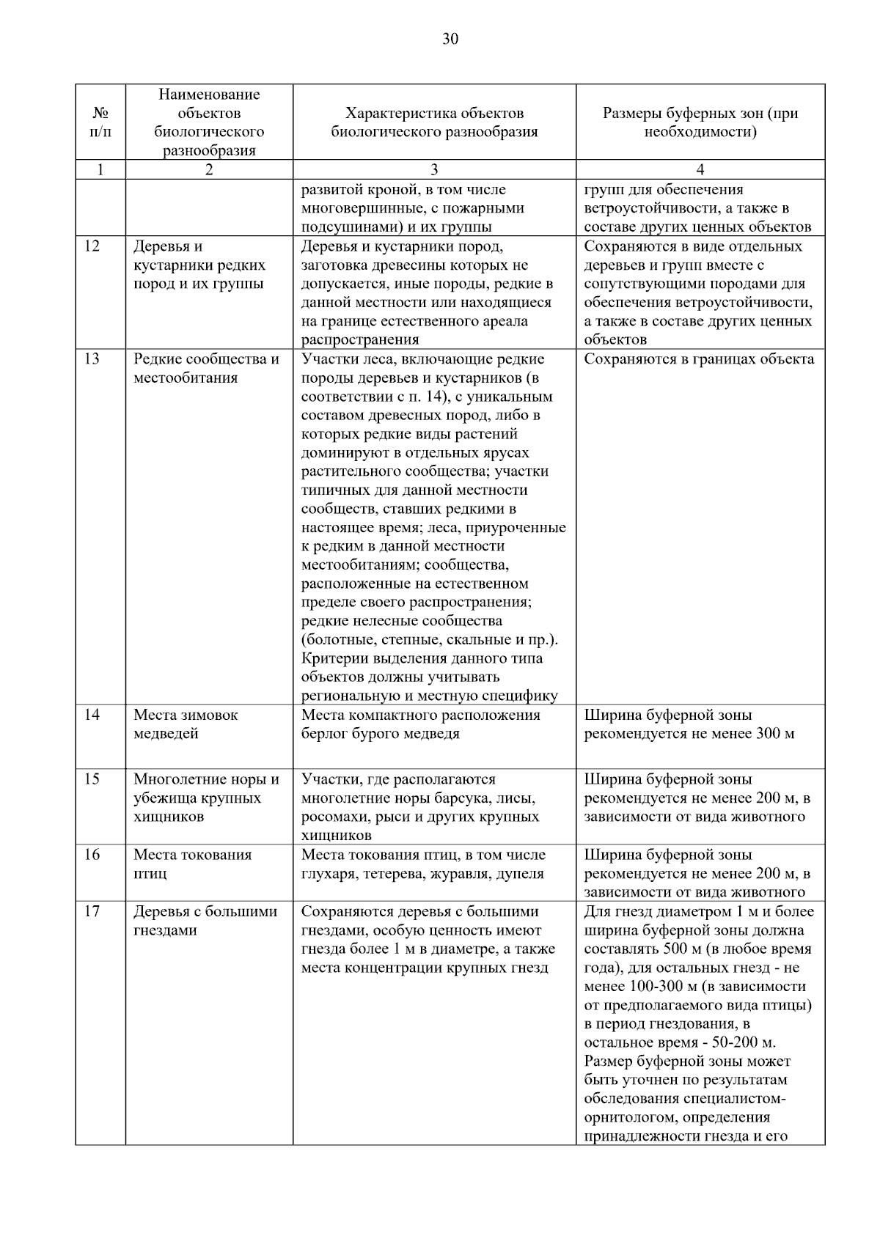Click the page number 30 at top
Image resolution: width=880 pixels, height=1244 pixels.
pos(450,40)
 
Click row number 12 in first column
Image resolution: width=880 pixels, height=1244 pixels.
pos(92,246)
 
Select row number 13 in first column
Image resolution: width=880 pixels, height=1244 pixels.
pos(92,359)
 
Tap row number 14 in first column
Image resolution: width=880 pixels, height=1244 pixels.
pos(92,715)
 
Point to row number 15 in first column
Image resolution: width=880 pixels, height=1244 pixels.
pos(92,779)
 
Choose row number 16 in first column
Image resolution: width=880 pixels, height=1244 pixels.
pos(92,855)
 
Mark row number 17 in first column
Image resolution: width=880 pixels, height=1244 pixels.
pos(92,912)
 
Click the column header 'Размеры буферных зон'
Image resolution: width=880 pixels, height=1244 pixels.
pos(700,122)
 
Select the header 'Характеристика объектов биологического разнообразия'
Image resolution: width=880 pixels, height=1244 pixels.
pos(434,122)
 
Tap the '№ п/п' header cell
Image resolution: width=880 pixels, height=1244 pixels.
pos(100,122)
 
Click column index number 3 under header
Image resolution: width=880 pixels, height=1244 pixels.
pos(434,170)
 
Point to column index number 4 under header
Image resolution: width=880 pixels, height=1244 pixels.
pos(700,170)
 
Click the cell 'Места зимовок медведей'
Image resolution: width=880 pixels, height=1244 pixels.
pos(186,724)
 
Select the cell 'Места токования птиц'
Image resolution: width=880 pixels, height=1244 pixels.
pos(192,864)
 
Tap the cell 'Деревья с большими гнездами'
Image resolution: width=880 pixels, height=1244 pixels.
pos(205,921)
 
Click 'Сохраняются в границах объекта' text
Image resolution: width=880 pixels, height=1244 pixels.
pos(699,359)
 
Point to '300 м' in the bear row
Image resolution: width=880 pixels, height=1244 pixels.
pos(774,734)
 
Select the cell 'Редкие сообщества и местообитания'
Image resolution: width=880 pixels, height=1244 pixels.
pos(206,369)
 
